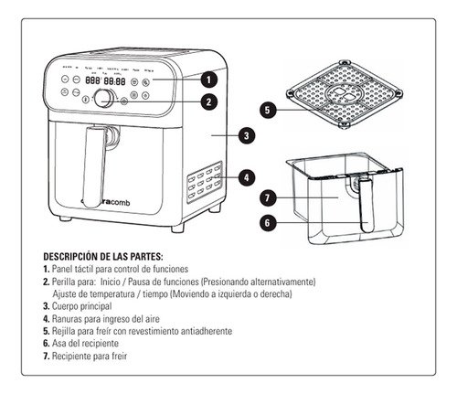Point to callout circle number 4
point(246,176)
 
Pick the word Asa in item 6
point(58,342)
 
